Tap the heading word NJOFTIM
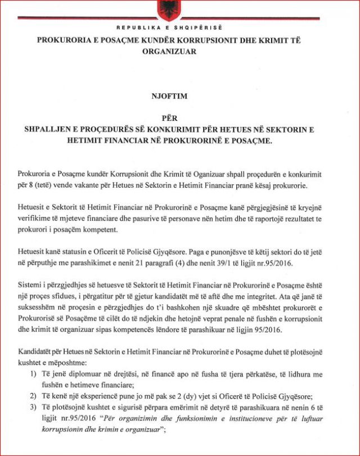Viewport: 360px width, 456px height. click(180, 96)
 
